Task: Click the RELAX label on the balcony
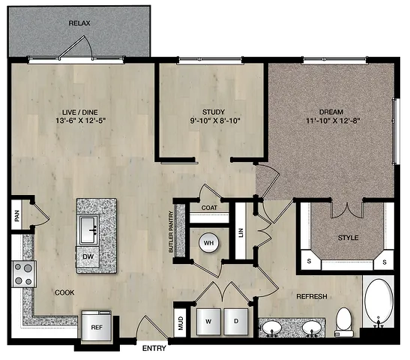tap(79, 23)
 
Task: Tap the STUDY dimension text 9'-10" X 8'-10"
tap(215, 121)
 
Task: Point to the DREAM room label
tap(331, 112)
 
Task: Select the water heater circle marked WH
tap(208, 243)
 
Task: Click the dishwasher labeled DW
tap(88, 256)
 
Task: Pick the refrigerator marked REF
tap(97, 327)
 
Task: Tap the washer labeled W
tap(208, 322)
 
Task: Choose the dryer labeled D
tap(236, 322)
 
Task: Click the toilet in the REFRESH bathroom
tap(344, 322)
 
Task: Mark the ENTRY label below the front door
tap(154, 348)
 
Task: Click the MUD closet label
tap(181, 323)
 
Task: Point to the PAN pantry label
tap(17, 215)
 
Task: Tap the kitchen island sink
tap(89, 229)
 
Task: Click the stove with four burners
tap(24, 274)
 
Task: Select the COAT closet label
tap(209, 208)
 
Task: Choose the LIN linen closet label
tap(241, 232)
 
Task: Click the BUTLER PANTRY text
tap(171, 232)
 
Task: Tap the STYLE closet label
tap(348, 238)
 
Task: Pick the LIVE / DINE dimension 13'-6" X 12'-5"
tap(80, 121)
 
